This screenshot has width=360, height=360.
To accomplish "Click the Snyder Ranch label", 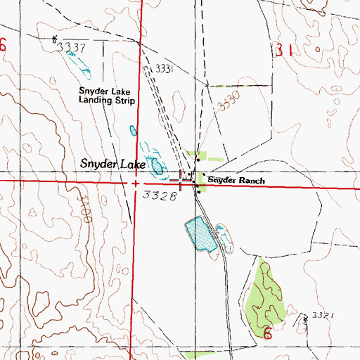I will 236,181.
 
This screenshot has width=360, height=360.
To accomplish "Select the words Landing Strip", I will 106,100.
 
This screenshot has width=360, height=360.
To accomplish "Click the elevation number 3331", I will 163,68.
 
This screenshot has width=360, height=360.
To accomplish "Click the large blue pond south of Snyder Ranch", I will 200,235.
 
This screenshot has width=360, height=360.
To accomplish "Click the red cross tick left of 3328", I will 134,183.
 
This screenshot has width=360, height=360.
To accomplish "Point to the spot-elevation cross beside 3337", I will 55,38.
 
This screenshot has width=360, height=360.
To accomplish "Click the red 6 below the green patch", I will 267,333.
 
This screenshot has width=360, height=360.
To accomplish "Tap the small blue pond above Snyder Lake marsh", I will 132,130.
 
